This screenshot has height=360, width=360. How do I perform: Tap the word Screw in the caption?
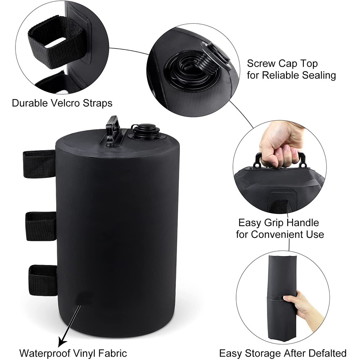point(261,63)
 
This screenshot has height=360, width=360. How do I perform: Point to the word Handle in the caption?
point(303,222)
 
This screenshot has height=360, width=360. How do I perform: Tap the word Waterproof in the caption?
point(45,353)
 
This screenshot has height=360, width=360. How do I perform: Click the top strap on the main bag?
point(39,164)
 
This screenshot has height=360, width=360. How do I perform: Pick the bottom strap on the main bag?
point(43,280)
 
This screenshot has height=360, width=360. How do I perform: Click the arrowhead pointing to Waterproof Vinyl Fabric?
point(62,343)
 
